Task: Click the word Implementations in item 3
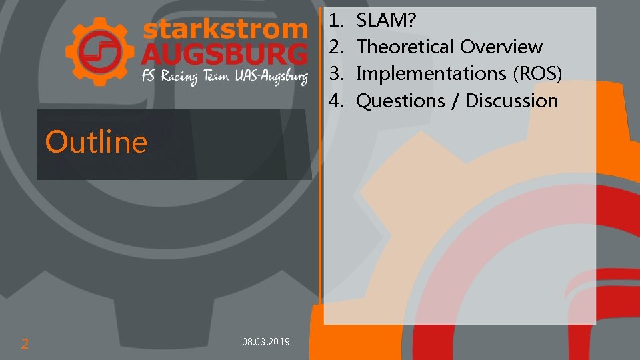click(431, 73)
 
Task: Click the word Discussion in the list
click(511, 101)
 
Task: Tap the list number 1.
click(335, 21)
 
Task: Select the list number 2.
click(335, 47)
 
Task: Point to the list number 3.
click(335, 73)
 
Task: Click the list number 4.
click(335, 101)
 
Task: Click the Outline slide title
click(96, 142)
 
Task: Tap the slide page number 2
click(25, 344)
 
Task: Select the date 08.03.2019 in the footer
click(266, 342)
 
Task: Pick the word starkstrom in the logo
click(225, 29)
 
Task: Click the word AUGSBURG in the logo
click(225, 53)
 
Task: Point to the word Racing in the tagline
click(179, 77)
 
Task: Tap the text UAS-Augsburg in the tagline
click(271, 77)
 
